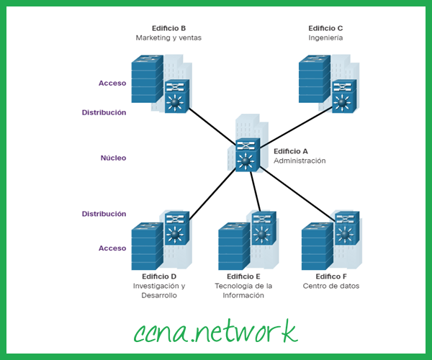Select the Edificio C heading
(x=325, y=28)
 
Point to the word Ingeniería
(x=325, y=37)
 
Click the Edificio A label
(x=291, y=151)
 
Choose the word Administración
(x=300, y=161)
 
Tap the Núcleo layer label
(x=113, y=156)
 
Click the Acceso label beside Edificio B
(x=112, y=83)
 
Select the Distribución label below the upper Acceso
(x=104, y=112)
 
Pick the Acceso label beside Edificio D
(x=112, y=248)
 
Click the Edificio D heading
(x=159, y=276)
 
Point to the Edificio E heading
(x=243, y=276)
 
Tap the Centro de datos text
(x=331, y=286)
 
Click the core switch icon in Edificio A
(x=247, y=155)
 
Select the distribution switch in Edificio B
(x=176, y=96)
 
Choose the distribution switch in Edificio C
(x=343, y=96)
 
